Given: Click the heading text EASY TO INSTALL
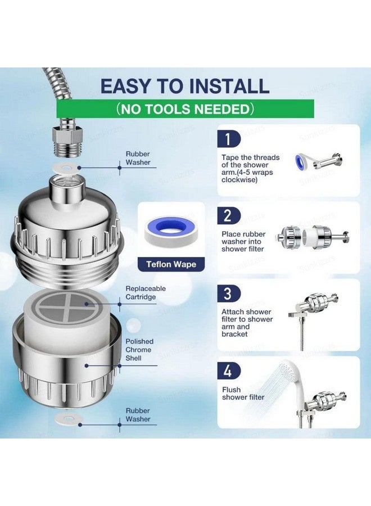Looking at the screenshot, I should coord(185,85).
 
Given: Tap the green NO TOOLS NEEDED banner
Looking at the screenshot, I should coord(185,109).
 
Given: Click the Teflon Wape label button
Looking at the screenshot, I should coord(171,264).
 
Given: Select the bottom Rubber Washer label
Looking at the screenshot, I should coord(138,415).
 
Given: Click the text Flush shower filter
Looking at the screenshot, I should coord(243,394).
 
